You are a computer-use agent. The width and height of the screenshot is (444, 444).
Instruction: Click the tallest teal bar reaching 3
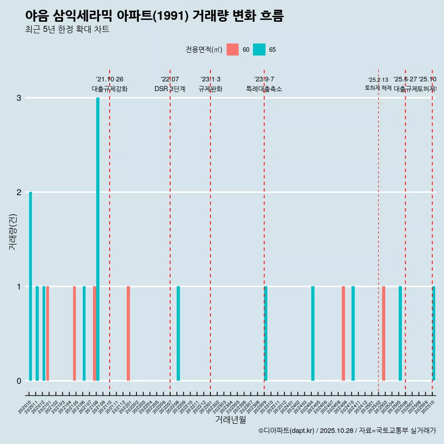pos(98,239)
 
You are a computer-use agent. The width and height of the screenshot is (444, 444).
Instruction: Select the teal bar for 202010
pos(31,286)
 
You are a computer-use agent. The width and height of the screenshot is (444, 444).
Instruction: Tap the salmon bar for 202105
pos(74,333)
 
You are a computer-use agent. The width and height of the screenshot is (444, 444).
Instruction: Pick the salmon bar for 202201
pos(128,333)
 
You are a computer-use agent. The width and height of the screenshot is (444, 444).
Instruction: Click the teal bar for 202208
pos(179,333)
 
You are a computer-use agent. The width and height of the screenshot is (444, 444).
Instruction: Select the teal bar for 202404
pos(313,333)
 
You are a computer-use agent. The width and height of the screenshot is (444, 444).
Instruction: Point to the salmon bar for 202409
pos(343,333)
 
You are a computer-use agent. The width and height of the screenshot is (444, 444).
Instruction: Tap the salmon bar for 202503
pos(383,333)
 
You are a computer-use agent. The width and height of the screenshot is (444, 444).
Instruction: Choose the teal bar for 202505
pos(400,333)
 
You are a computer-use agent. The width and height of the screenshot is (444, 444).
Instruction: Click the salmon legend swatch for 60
pos(233,49)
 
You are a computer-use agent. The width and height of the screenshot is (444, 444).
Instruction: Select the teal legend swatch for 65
pos(259,49)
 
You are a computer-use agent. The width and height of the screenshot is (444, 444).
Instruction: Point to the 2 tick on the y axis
pos(19,192)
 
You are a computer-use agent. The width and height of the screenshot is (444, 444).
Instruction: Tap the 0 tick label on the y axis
pos(19,381)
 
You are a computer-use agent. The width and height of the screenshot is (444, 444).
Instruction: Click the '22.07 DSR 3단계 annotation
pos(170,84)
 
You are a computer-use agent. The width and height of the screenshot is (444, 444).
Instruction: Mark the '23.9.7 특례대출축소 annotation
pos(264,84)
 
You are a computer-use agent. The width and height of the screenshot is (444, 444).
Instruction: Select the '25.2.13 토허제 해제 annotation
pos(378,84)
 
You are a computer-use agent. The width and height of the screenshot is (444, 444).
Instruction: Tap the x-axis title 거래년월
pos(230,420)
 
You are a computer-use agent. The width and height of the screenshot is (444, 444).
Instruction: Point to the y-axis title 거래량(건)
pos(13,231)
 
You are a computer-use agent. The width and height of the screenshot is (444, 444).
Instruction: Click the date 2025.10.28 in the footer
pos(336,431)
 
